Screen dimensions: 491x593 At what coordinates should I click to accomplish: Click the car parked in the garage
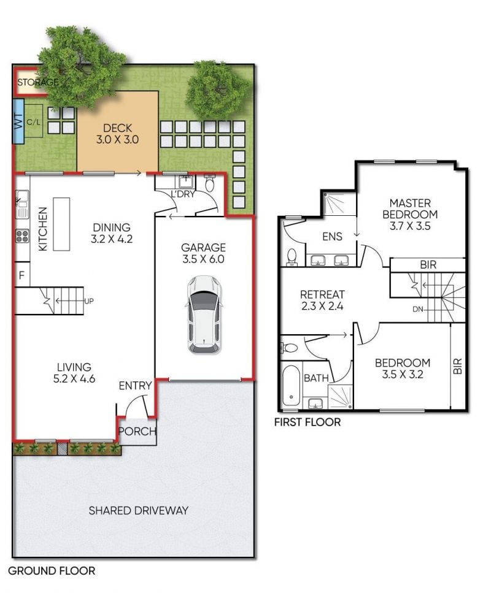204,315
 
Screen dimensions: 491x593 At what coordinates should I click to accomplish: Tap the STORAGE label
38,82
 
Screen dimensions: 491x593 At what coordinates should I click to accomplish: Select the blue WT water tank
18,121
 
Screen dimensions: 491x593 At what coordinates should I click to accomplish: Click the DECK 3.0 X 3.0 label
117,134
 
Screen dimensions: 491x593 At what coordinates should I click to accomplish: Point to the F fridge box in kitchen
21,275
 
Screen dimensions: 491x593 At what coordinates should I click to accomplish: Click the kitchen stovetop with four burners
22,236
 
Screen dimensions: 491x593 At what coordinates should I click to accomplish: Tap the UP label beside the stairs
88,301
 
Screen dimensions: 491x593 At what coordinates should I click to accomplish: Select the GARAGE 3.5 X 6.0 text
203,253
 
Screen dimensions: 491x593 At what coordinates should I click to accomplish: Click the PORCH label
137,431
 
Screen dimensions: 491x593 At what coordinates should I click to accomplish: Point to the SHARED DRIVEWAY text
139,511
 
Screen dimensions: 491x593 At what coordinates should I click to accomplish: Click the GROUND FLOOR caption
52,571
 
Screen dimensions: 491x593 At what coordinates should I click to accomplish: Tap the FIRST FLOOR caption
307,422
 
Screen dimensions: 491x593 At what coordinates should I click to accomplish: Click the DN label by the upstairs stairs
417,309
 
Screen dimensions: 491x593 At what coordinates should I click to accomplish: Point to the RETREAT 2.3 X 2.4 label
322,300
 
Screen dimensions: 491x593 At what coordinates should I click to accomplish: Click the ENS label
333,237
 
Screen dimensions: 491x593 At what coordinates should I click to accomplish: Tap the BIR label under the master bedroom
428,265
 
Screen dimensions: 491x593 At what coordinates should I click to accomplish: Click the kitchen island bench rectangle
61,224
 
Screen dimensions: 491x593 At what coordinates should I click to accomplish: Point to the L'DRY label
182,194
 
